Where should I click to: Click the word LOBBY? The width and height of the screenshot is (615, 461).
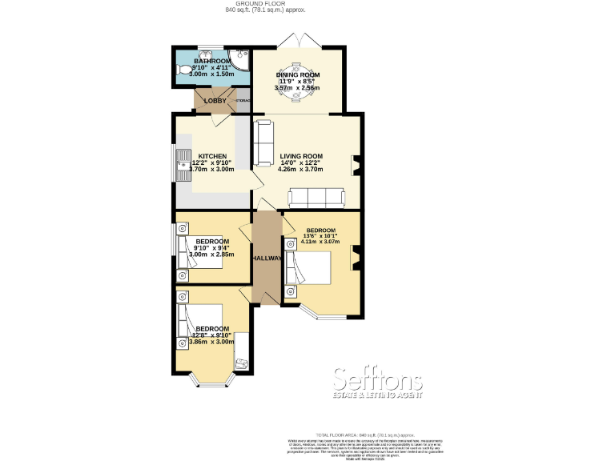[215, 101]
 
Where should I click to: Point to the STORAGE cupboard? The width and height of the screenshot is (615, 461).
[243, 101]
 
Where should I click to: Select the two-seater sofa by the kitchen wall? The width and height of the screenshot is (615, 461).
[263, 142]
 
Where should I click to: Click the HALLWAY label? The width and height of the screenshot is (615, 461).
[266, 259]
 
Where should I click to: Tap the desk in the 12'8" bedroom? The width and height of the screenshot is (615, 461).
[240, 363]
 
